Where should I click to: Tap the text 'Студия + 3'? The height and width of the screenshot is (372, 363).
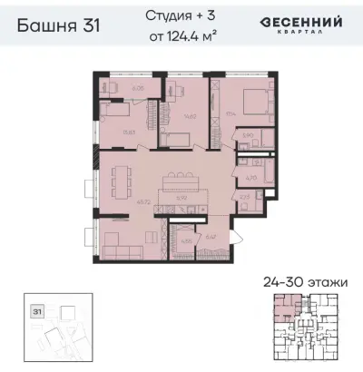179,16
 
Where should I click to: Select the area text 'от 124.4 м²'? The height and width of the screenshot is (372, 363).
179,35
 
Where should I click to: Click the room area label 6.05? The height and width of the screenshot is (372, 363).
138,89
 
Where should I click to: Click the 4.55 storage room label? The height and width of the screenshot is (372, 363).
186,240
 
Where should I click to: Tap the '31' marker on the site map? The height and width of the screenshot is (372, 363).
37,309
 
